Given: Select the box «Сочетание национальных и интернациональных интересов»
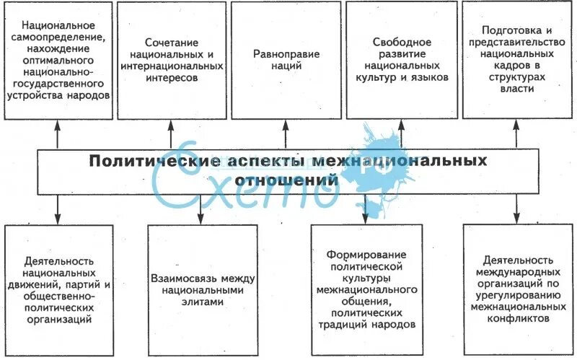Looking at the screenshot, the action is [172, 61].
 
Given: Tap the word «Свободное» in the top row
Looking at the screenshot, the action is [402, 42].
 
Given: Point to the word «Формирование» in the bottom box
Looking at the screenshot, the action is [366, 255].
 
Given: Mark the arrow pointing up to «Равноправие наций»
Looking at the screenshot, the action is [286, 134].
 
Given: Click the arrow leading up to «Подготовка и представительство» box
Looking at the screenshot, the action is [516, 134].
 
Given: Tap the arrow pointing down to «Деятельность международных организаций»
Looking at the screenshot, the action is [516, 210].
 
